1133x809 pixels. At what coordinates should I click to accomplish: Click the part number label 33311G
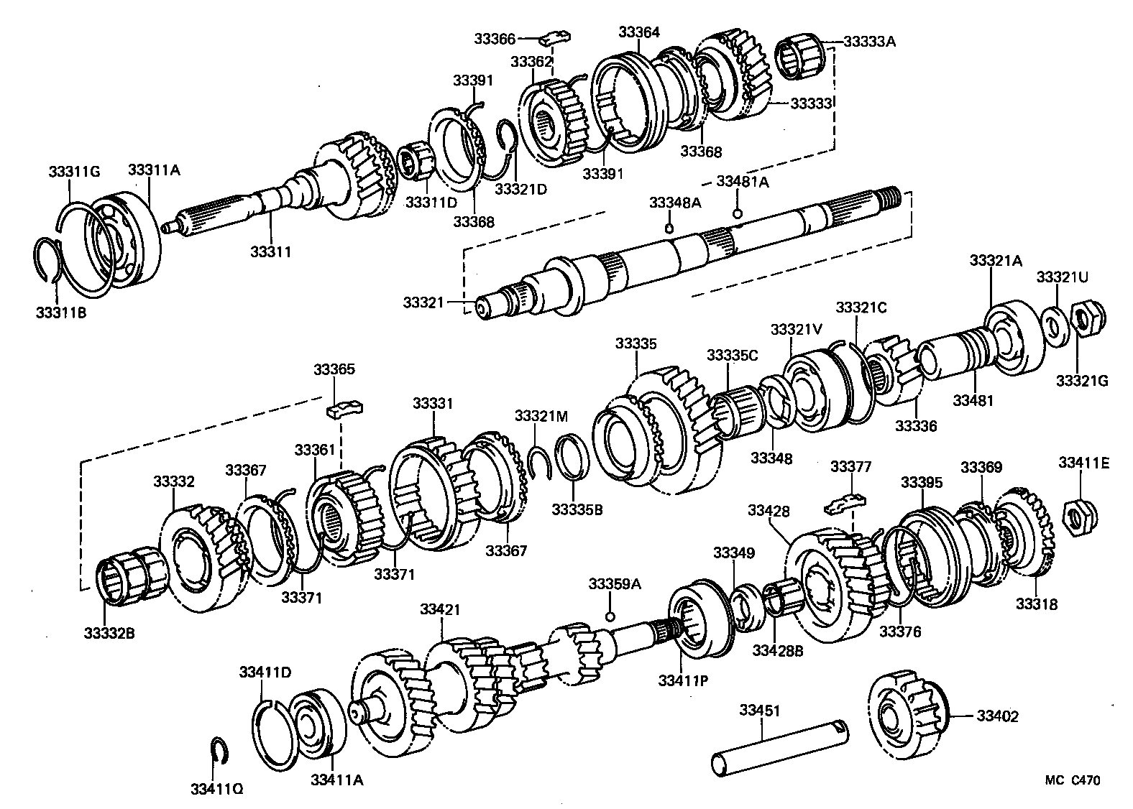pos(74,171)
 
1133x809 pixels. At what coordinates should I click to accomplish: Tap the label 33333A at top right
pos(869,42)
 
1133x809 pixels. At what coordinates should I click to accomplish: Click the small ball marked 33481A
pos(737,213)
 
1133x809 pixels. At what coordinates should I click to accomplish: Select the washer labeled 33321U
pos(1054,324)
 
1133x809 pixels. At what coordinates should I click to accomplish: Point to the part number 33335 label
pos(636,344)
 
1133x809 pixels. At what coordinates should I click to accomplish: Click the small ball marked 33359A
pos(610,616)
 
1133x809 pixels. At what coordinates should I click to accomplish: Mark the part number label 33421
pos(439,609)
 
